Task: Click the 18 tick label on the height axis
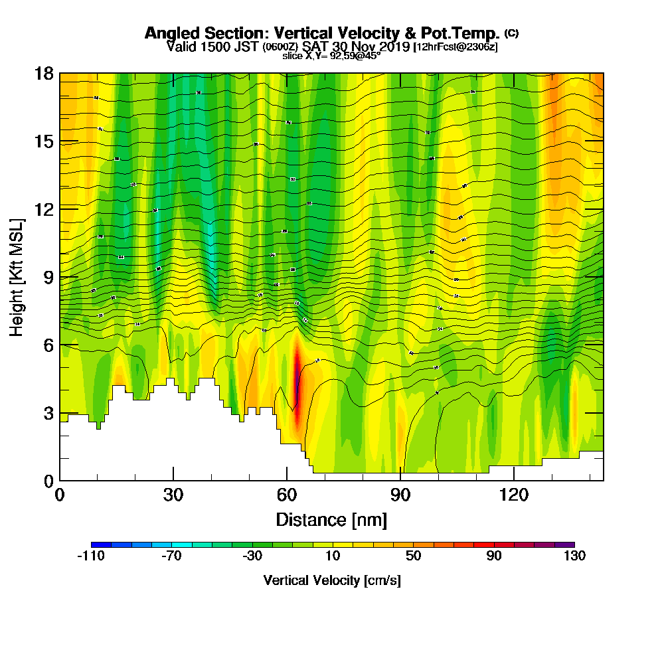(x=44, y=73)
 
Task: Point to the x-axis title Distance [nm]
(x=331, y=519)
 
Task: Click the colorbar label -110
(x=91, y=556)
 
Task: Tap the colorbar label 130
(x=574, y=556)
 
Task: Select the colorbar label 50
(x=413, y=556)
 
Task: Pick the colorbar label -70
(x=171, y=556)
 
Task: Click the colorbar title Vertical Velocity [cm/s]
(x=332, y=580)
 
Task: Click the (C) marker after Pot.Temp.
(x=511, y=33)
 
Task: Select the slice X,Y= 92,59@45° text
(x=331, y=56)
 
